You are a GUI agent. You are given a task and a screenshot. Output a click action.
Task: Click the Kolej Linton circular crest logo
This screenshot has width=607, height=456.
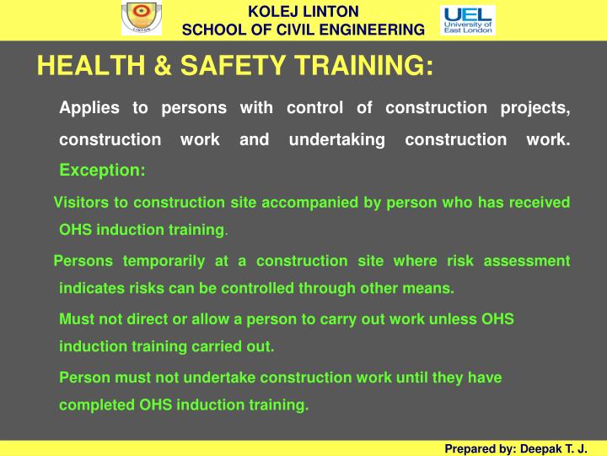click(141, 19)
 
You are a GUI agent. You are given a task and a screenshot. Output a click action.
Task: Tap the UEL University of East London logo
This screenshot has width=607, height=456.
click(468, 19)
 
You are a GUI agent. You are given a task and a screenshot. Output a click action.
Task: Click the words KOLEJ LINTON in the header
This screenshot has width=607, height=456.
click(303, 11)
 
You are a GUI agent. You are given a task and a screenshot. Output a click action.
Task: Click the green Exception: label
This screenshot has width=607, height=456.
click(102, 170)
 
